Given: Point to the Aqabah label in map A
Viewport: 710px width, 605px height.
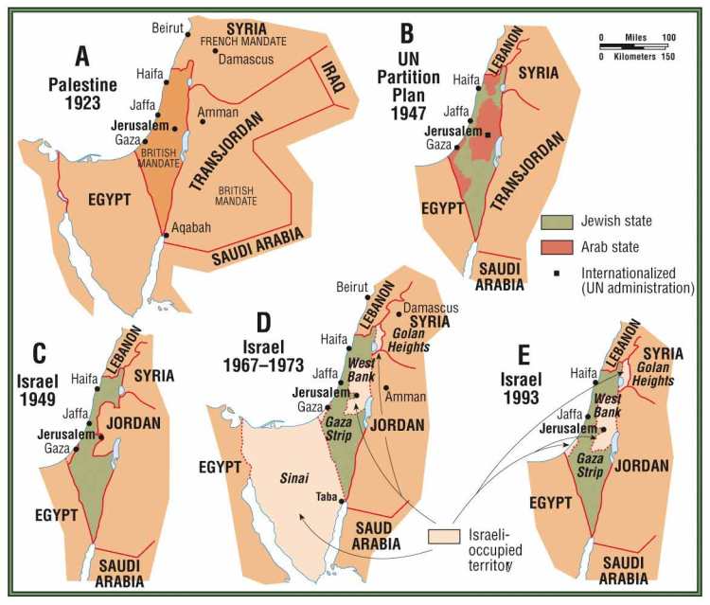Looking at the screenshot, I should click(x=193, y=227).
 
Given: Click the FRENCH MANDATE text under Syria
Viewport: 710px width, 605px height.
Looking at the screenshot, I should click(x=231, y=42).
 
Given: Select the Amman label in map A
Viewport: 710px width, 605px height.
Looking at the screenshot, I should click(x=219, y=112).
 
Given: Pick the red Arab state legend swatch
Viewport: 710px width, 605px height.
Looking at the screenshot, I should click(x=558, y=247).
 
